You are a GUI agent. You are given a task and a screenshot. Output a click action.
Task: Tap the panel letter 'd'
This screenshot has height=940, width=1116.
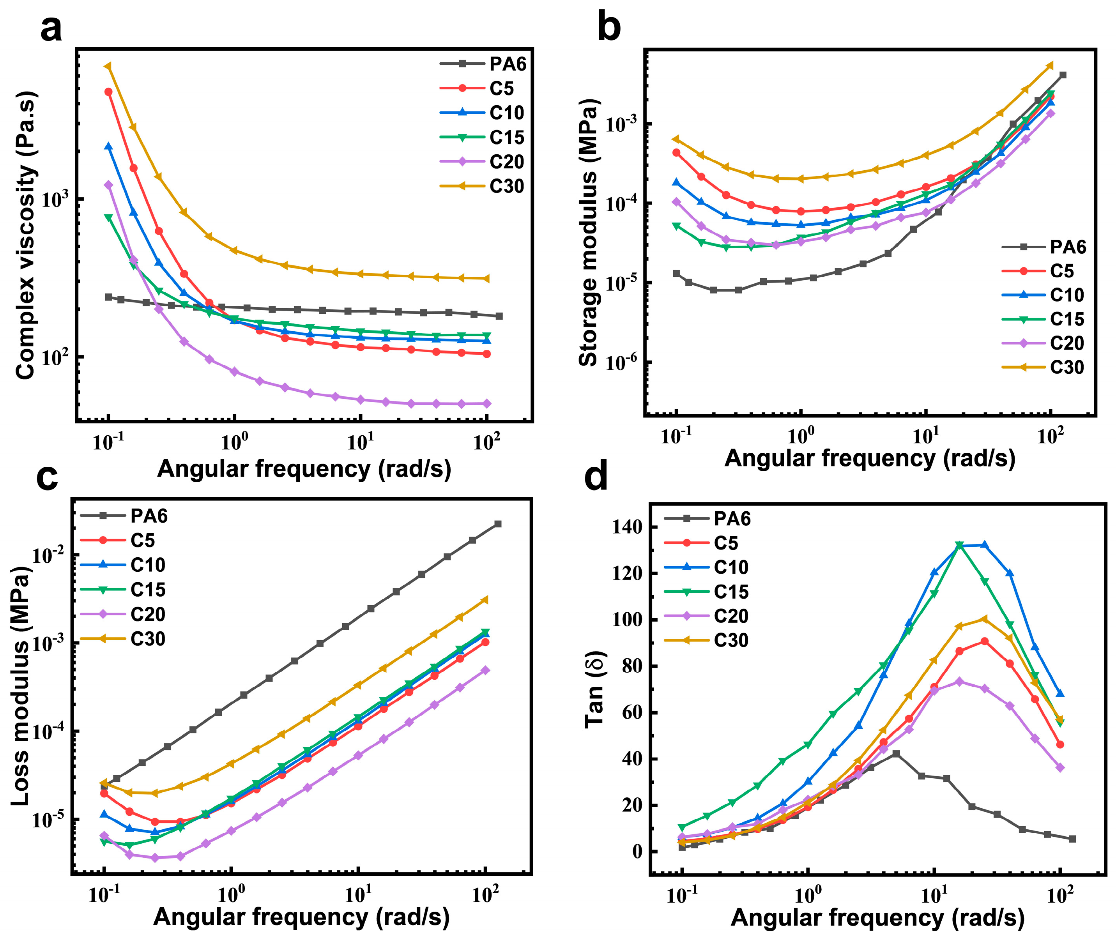coord(596,477)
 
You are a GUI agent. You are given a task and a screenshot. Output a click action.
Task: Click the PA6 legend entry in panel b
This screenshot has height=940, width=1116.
coord(1043,247)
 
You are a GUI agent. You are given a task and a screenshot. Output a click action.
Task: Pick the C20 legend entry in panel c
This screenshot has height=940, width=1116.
coord(123,615)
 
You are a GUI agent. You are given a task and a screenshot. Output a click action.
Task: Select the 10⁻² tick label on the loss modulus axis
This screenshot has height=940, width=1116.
coord(48,556)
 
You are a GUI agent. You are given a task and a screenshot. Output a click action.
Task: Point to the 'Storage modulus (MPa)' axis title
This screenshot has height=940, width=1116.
coord(588,233)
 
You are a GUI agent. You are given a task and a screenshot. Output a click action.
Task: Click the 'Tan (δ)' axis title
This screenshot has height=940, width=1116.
coord(594,689)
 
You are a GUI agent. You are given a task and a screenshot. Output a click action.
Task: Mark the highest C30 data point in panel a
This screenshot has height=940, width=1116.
coord(108,67)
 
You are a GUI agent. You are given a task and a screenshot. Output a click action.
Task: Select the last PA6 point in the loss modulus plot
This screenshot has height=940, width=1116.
coord(498,524)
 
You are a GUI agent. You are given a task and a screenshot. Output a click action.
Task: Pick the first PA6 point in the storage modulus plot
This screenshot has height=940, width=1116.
coord(676,273)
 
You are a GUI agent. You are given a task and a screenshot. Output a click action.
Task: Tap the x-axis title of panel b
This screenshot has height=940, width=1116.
coord(870,459)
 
